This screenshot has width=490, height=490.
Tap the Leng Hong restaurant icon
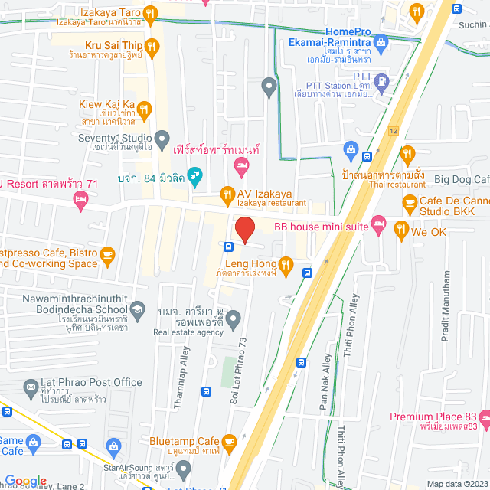[286, 265]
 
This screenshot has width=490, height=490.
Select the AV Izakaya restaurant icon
[227, 194]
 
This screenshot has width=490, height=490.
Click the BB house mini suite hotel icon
[377, 224]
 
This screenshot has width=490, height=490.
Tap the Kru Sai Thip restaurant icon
[152, 47]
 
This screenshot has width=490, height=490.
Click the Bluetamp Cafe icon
[228, 442]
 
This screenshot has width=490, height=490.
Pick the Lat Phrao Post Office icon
[31, 388]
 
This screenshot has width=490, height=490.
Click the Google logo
[25, 480]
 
